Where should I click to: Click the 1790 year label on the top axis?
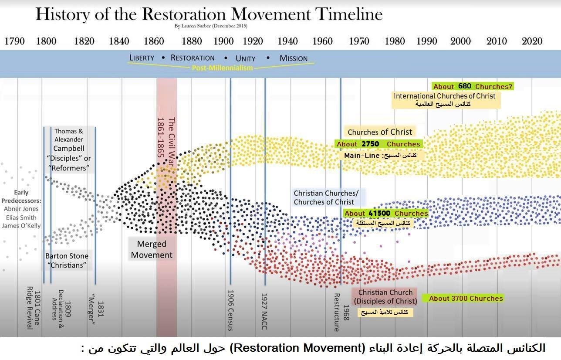coord(14,41)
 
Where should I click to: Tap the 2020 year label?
coord(532,41)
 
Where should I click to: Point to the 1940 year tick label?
coord(287,41)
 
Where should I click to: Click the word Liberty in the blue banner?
coord(142,58)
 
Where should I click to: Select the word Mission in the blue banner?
coord(294,58)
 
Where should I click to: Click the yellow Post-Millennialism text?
coord(222,68)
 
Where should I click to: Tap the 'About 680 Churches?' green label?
coord(472,86)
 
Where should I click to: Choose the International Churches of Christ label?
coord(444,96)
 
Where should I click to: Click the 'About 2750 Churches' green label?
coord(378,144)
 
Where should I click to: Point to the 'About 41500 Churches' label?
coord(386,213)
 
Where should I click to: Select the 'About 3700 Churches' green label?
coord(466,298)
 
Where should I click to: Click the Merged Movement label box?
coord(152,250)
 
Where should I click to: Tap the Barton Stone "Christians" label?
coord(67,261)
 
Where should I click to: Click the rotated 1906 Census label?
coord(231,310)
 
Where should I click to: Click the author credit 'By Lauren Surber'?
coord(211,26)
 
